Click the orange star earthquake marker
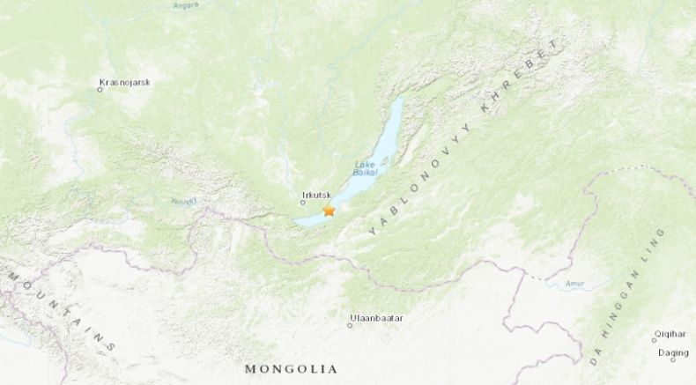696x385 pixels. coord(329,211)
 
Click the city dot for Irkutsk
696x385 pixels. coord(302,203)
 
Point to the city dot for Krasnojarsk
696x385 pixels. coord(100,88)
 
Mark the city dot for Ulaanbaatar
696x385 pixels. coord(349,325)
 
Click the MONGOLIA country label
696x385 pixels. coord(291,368)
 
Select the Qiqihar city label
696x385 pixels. coord(668,335)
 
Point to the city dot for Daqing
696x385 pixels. coord(673,359)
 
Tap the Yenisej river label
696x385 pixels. coord(182,201)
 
